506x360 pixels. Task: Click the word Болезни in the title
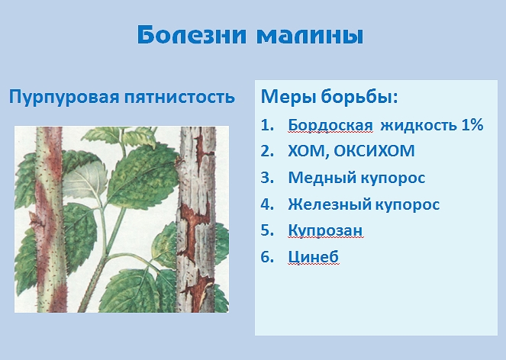(192, 34)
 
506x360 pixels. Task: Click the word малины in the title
(310, 36)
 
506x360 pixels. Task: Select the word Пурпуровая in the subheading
(64, 97)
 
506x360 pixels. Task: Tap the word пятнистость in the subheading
(179, 96)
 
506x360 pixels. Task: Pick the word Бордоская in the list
(330, 125)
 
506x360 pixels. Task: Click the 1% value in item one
(472, 125)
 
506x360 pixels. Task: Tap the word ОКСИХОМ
(374, 151)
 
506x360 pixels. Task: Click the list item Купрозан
(325, 230)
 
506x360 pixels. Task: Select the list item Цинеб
(313, 257)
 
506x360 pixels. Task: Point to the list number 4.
(267, 204)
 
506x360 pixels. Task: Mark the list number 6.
(267, 258)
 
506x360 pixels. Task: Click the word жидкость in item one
(418, 125)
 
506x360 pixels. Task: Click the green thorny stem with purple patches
(50, 220)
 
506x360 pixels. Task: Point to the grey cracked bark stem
(196, 220)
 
